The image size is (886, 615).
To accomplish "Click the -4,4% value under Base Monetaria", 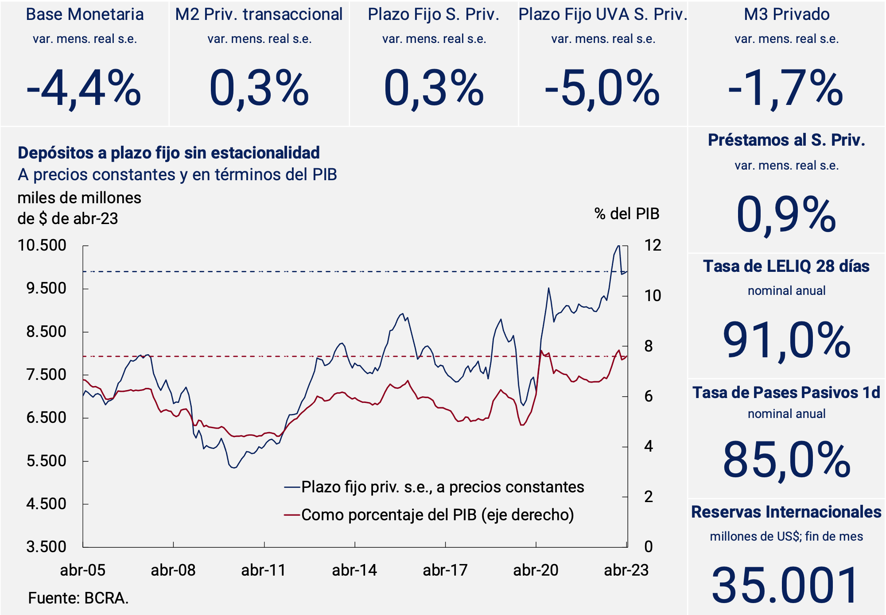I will tap(84, 89).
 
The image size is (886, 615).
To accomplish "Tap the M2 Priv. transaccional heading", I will tap(259, 15).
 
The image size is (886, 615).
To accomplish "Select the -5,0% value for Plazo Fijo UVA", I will tap(602, 89).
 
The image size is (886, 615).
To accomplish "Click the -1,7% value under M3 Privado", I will tap(786, 89).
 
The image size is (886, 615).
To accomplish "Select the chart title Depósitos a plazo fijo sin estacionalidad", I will tap(169, 153).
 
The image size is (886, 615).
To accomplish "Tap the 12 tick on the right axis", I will tap(653, 245).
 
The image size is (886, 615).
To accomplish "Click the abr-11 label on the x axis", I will tap(264, 570).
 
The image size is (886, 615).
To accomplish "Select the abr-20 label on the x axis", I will tap(536, 570).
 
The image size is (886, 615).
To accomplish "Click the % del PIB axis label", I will tap(626, 214).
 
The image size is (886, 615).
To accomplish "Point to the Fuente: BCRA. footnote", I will tap(78, 598).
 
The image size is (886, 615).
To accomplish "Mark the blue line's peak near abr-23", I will tap(618, 246).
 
